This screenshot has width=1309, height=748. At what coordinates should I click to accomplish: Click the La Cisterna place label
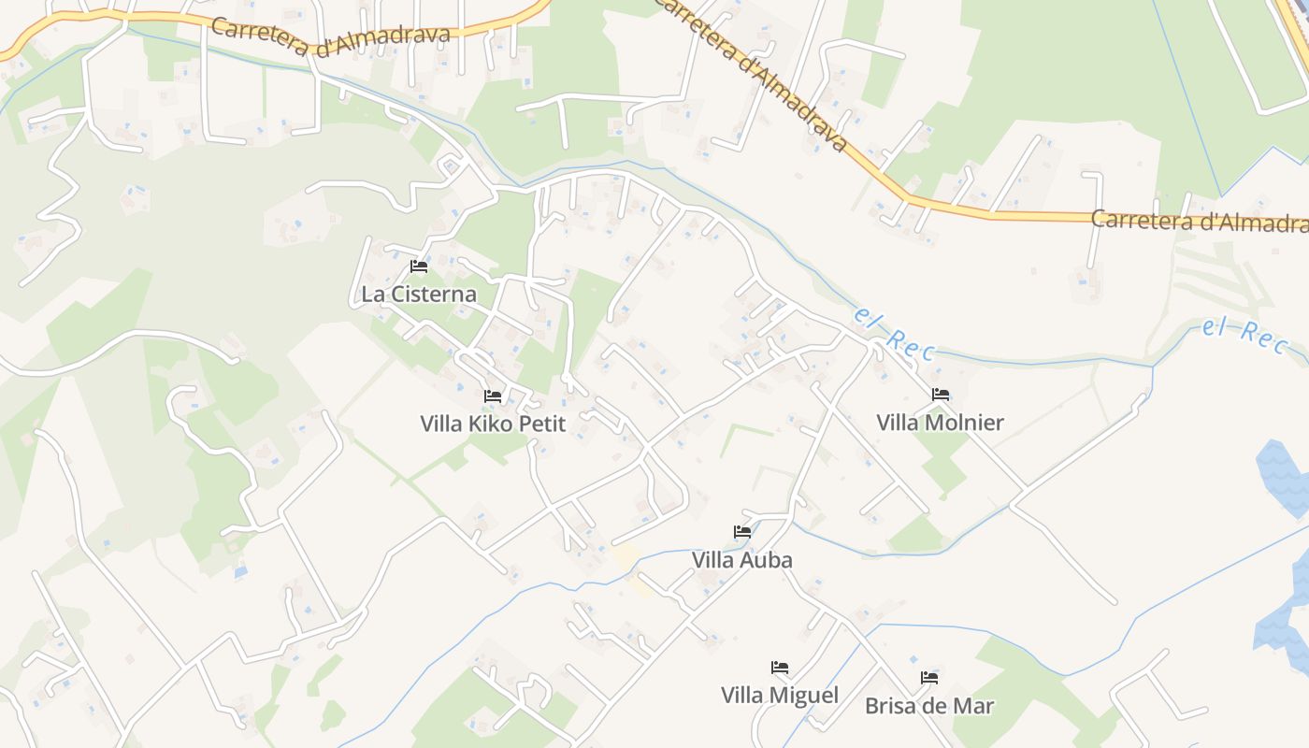pyautogui.click(x=419, y=294)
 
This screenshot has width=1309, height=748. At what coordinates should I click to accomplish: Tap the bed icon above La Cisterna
pyautogui.click(x=419, y=266)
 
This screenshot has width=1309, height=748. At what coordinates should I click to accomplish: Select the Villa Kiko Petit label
pyautogui.click(x=493, y=424)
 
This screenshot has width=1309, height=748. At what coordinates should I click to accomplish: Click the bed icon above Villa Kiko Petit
pyautogui.click(x=493, y=396)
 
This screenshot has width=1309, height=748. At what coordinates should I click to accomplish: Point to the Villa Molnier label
pyautogui.click(x=940, y=423)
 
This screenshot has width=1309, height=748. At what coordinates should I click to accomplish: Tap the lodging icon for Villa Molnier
pyautogui.click(x=941, y=395)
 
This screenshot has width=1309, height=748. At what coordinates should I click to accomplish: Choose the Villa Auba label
pyautogui.click(x=742, y=560)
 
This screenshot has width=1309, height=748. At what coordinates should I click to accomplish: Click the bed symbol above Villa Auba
pyautogui.click(x=742, y=532)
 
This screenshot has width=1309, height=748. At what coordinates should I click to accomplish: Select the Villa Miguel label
pyautogui.click(x=780, y=696)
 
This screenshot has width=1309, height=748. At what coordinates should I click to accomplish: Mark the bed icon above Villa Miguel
pyautogui.click(x=780, y=668)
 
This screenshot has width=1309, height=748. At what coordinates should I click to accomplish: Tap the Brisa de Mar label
pyautogui.click(x=929, y=706)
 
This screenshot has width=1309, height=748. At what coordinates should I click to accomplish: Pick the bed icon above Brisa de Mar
pyautogui.click(x=929, y=678)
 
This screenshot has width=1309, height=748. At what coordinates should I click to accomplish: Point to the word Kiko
pyautogui.click(x=490, y=424)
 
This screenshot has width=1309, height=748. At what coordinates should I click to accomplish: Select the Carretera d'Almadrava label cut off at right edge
pyautogui.click(x=1200, y=222)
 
